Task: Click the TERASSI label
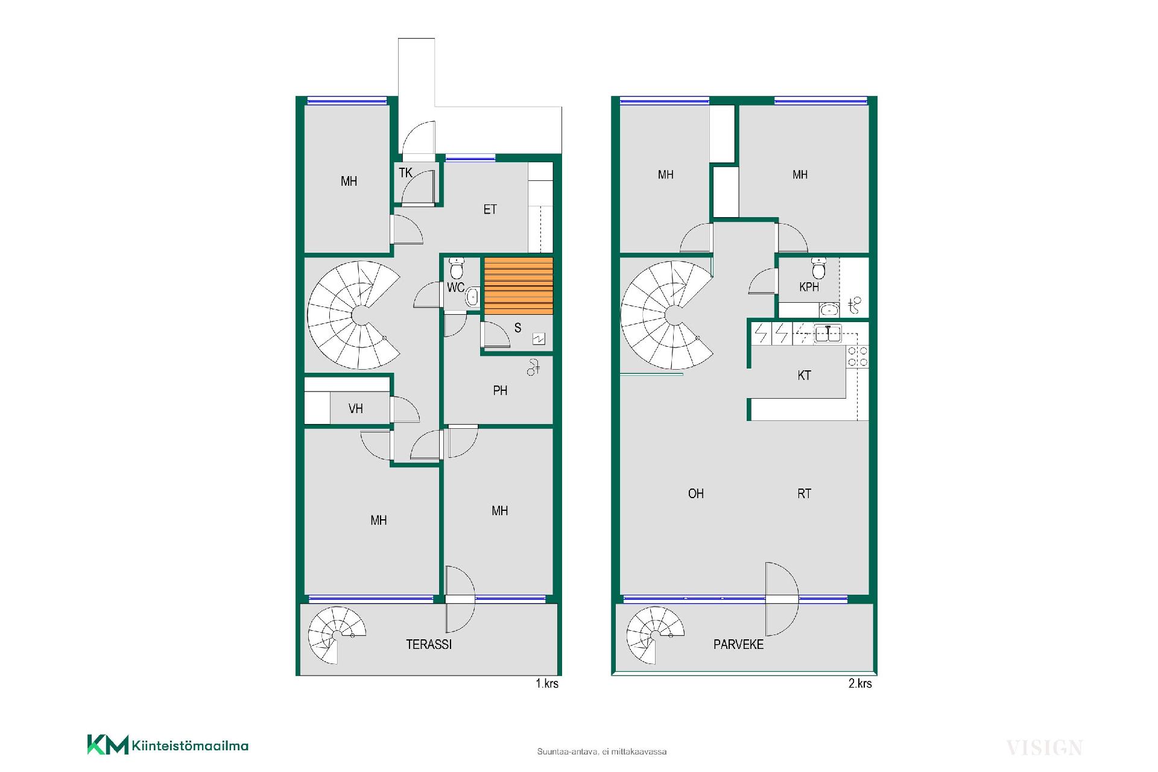(428, 644)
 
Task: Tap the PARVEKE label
(738, 644)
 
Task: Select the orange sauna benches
(519, 286)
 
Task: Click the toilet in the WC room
(457, 267)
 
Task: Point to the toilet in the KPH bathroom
(818, 267)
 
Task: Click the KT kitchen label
(804, 375)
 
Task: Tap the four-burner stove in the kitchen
(858, 356)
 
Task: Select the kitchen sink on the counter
(827, 334)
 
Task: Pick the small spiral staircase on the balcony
(654, 635)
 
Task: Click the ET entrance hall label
(490, 209)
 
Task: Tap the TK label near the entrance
(405, 173)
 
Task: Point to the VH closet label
(356, 409)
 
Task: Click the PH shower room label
(500, 391)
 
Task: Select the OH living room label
(696, 493)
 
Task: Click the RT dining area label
(804, 493)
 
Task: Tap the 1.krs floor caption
(547, 683)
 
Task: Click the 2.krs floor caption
(860, 683)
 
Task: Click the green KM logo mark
(108, 744)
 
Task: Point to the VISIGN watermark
(1044, 748)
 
